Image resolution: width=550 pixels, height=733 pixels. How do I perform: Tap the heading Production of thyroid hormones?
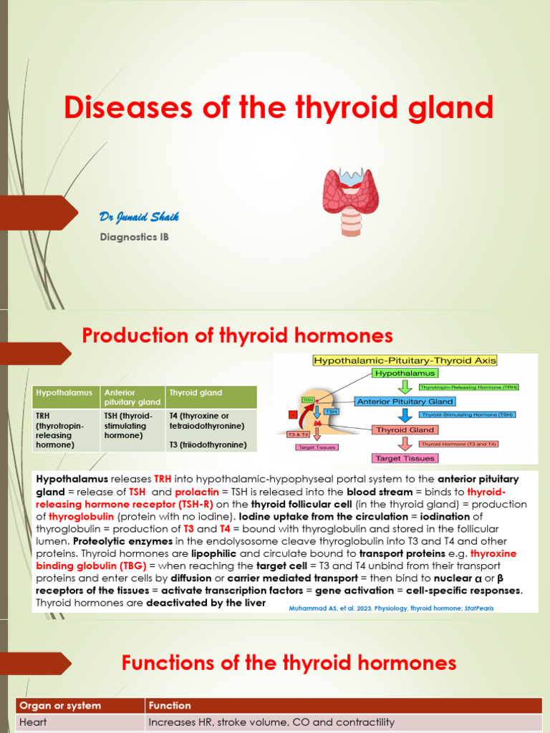[x=238, y=336]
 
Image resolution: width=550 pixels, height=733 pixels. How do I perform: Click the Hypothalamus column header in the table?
[x=64, y=393]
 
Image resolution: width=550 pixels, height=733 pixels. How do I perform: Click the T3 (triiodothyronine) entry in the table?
[x=208, y=445]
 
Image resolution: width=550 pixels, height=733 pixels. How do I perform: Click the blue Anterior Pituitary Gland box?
[x=405, y=402]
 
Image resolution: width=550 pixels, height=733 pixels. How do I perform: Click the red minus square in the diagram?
[x=292, y=414]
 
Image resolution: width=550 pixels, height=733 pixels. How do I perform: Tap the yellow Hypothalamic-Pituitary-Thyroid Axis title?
[x=405, y=360]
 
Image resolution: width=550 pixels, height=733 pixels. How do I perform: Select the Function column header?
[x=170, y=706]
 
